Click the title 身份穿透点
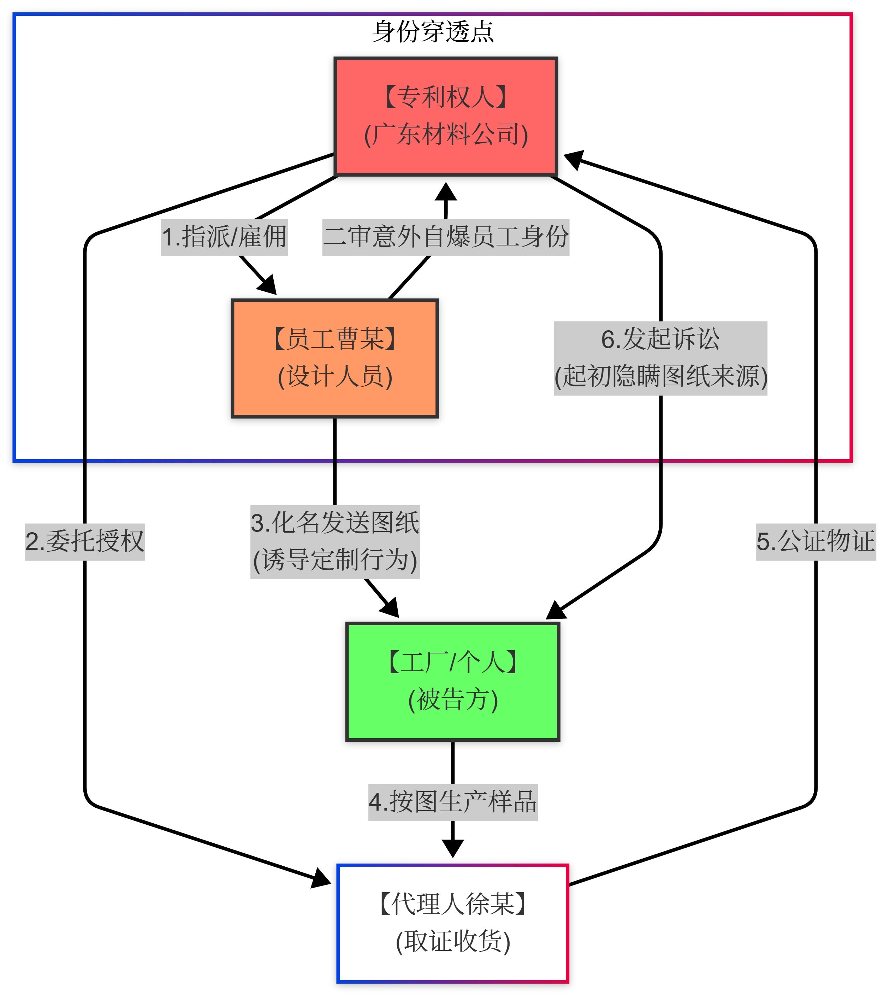pyautogui.click(x=433, y=32)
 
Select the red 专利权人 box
pyautogui.click(x=445, y=116)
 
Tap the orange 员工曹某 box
pyautogui.click(x=334, y=358)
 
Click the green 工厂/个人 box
pyautogui.click(x=452, y=681)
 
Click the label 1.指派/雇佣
pyautogui.click(x=224, y=237)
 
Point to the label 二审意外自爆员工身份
pyautogui.click(x=445, y=237)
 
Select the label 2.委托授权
pyautogui.click(x=85, y=541)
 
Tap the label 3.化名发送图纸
pyautogui.click(x=334, y=523)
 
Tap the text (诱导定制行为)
pyautogui.click(x=334, y=560)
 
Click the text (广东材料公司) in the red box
pyautogui.click(x=445, y=135)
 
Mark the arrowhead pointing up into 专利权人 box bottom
pyautogui.click(x=445, y=192)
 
